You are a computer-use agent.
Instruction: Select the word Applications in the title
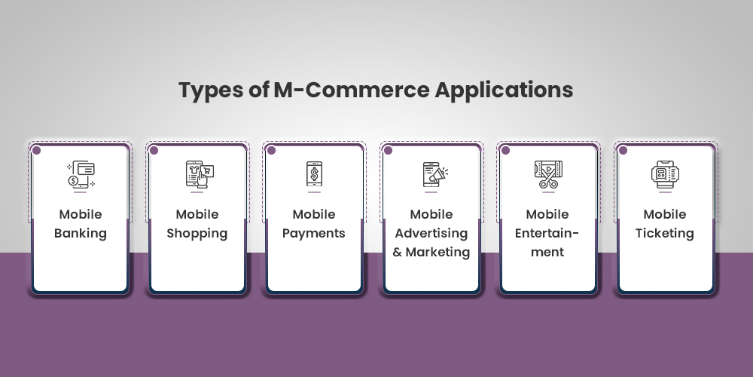click(x=505, y=90)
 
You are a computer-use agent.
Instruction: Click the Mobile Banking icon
click(x=81, y=174)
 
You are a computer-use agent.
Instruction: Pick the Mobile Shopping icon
click(x=197, y=174)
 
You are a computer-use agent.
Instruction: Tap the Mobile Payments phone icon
click(x=314, y=174)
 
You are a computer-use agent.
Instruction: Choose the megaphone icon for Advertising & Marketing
click(x=431, y=174)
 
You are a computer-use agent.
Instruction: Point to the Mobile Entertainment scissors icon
click(x=548, y=174)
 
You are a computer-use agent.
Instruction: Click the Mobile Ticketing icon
click(x=665, y=174)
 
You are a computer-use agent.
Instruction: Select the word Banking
click(x=81, y=233)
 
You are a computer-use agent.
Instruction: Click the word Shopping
click(x=197, y=233)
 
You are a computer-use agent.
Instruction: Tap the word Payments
click(x=314, y=233)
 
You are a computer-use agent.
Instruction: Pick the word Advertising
click(x=431, y=233)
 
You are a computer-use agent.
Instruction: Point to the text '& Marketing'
click(x=431, y=252)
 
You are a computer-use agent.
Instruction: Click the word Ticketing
click(x=665, y=233)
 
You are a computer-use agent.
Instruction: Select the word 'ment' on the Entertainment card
click(x=548, y=252)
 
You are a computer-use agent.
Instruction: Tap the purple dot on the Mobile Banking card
click(x=36, y=150)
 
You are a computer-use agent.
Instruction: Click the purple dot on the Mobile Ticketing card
click(x=622, y=150)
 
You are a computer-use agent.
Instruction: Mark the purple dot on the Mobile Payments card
click(x=270, y=150)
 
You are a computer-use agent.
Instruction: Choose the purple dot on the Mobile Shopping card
click(x=154, y=150)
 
